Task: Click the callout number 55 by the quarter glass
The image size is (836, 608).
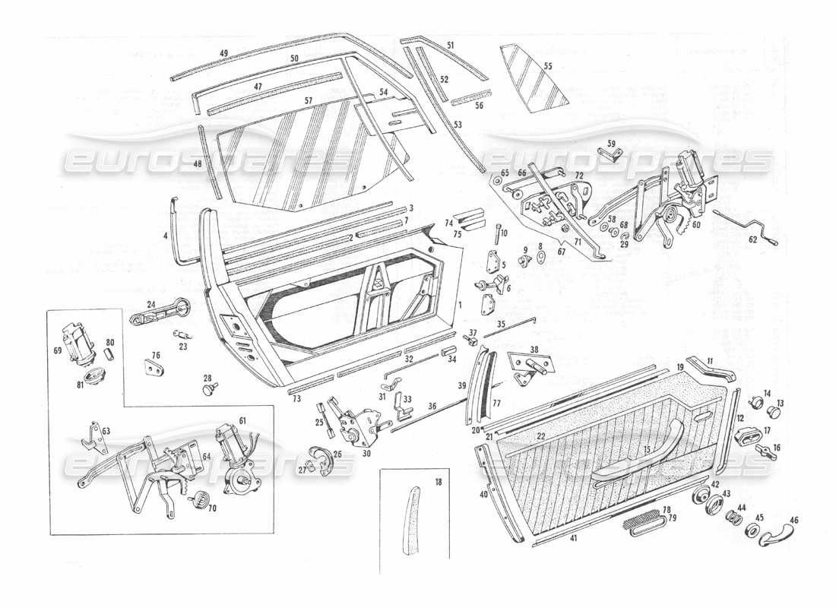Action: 548,66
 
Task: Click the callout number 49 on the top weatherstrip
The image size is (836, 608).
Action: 224,52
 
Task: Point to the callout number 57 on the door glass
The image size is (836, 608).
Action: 309,100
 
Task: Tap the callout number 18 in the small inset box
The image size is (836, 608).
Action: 438,482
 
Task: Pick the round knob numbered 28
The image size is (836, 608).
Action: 207,389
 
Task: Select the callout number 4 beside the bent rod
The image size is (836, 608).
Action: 165,236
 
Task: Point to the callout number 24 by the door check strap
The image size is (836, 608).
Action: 150,305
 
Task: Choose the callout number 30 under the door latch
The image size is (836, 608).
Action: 366,454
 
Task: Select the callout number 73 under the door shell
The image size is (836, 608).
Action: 296,399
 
